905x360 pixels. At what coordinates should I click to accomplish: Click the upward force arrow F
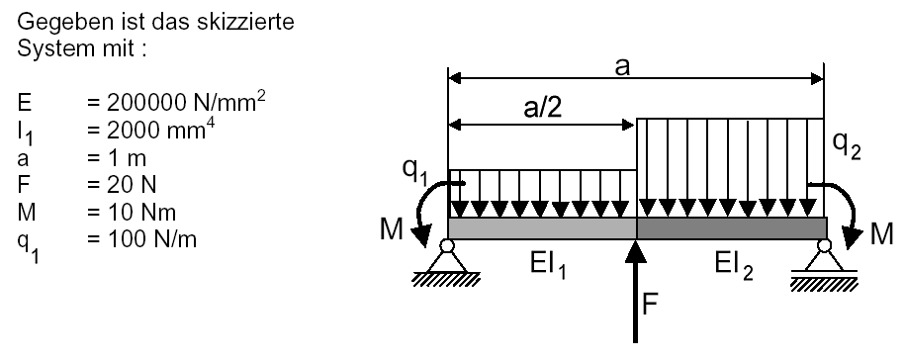point(635,292)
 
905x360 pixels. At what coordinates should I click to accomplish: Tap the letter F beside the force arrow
point(651,304)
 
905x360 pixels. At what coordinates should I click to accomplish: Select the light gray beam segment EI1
point(542,228)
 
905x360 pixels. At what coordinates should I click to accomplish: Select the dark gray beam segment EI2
point(732,228)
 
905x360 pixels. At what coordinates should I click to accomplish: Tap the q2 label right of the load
point(848,146)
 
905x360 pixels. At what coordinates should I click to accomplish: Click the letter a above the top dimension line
point(621,67)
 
